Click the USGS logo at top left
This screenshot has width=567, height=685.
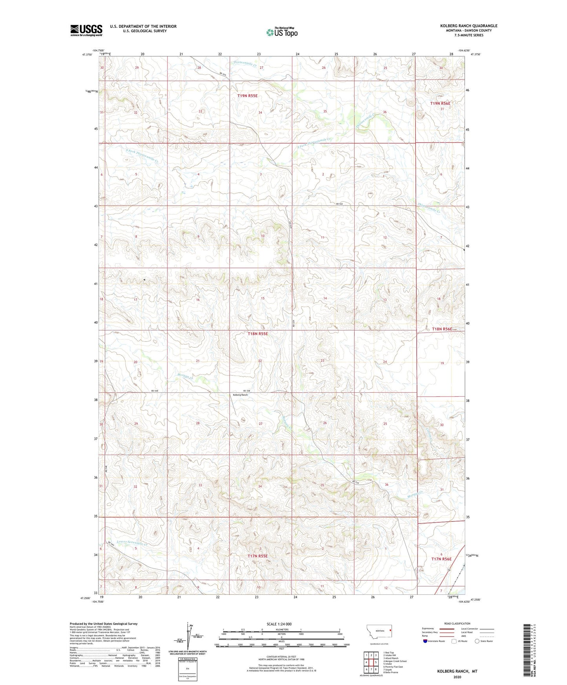86,30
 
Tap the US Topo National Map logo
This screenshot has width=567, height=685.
282,32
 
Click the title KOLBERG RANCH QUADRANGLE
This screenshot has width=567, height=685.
469,26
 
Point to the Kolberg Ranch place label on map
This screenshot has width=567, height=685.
241,395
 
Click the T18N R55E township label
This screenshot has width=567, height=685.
258,333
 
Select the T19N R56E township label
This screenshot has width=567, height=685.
440,103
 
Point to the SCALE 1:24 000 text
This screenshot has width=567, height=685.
279,624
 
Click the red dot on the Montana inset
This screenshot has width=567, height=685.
391,630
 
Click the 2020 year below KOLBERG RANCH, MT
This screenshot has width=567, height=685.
457,677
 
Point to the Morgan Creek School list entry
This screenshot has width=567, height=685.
395,661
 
